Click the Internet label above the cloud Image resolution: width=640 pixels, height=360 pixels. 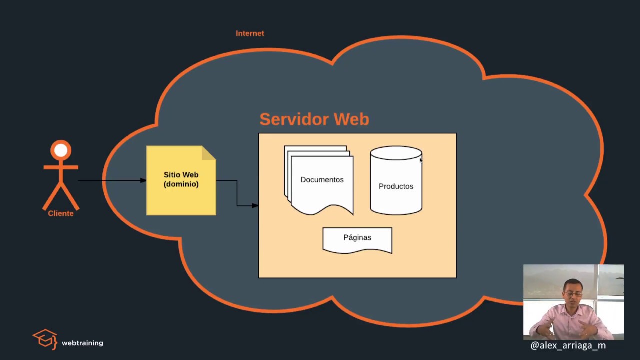coord(250,33)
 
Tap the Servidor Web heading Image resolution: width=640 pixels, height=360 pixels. coord(314,119)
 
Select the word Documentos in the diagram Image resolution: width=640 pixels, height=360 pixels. coord(322,180)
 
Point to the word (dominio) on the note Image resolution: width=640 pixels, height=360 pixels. coord(181,184)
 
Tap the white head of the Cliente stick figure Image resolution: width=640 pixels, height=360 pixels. coord(61,150)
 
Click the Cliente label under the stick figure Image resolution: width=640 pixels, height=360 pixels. coord(61,213)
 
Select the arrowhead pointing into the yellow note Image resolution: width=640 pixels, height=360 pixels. coord(143,180)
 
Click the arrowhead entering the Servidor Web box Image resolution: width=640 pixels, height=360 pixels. coord(255,205)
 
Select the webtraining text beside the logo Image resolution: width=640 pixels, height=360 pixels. coord(82,343)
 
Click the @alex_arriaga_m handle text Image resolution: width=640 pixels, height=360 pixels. coord(568,345)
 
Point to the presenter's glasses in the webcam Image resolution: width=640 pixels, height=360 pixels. coord(572,294)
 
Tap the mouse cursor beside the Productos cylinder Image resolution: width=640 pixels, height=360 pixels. coord(421,160)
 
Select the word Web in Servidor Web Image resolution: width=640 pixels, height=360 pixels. coord(351,119)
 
